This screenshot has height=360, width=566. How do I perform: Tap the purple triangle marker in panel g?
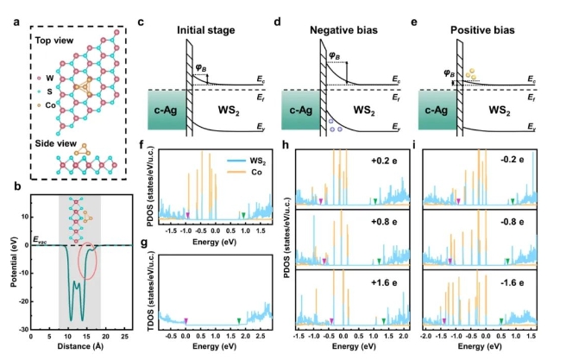tap(186, 321)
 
